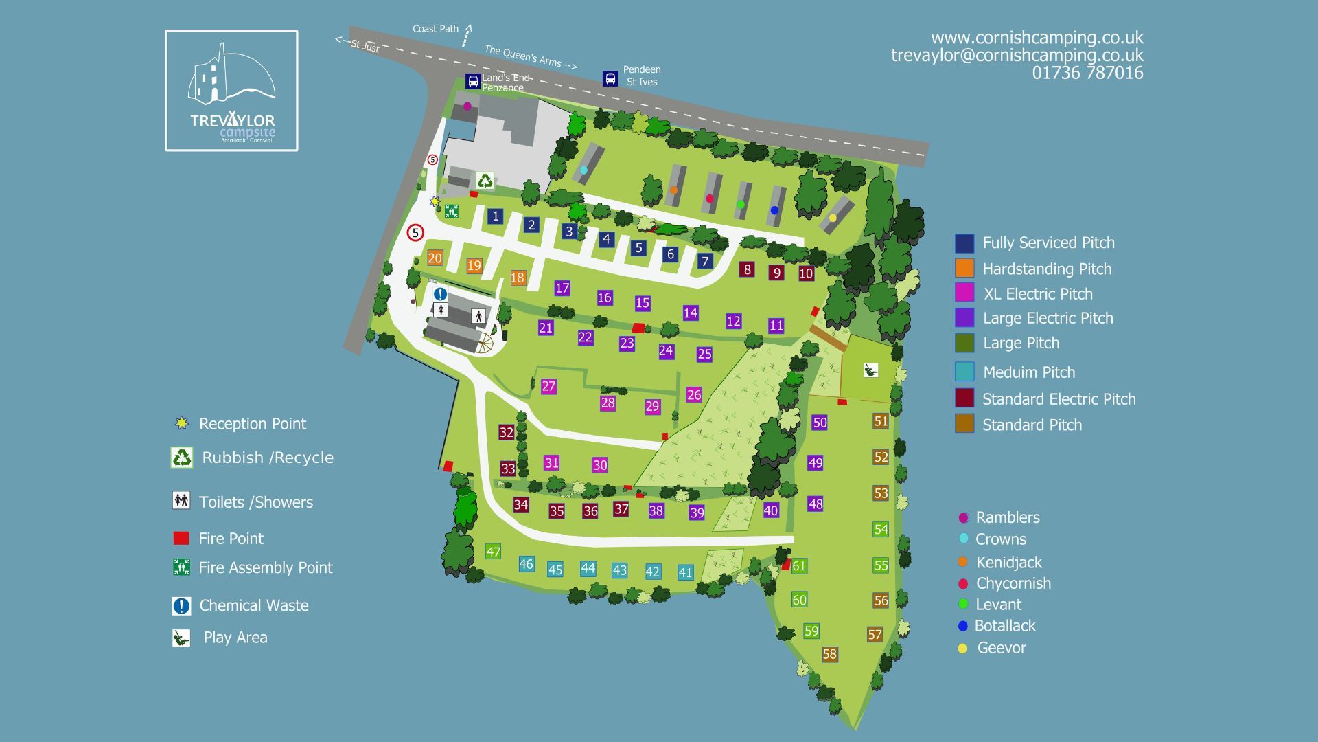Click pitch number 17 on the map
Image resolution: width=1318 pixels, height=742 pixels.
click(562, 288)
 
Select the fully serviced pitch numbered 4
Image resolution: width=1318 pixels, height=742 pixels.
click(605, 239)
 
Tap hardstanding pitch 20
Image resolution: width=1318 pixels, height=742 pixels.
click(435, 258)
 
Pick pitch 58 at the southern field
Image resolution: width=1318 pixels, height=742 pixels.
click(829, 654)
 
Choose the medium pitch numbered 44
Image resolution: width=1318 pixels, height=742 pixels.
click(588, 568)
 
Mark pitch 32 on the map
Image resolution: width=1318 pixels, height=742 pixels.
click(507, 432)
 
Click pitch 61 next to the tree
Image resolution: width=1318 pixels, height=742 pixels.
click(799, 566)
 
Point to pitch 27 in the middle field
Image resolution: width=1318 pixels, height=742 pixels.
click(548, 386)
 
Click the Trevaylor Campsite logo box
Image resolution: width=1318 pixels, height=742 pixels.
click(231, 90)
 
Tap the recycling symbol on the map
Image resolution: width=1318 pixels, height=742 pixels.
click(485, 181)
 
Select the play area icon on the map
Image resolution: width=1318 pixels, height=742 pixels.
click(870, 371)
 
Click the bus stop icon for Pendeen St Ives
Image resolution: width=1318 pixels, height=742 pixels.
click(610, 78)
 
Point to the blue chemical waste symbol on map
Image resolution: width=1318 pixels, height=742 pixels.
click(440, 294)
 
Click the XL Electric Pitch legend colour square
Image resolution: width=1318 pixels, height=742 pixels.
click(964, 293)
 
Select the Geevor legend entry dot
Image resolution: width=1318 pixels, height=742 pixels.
click(962, 648)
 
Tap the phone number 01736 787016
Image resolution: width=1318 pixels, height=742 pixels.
click(1087, 73)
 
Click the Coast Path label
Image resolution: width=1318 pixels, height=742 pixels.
click(435, 29)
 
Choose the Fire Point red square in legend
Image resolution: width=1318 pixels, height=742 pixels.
click(181, 538)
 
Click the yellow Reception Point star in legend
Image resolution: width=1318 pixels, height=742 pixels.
click(181, 423)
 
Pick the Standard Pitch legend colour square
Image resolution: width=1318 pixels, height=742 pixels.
click(964, 423)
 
